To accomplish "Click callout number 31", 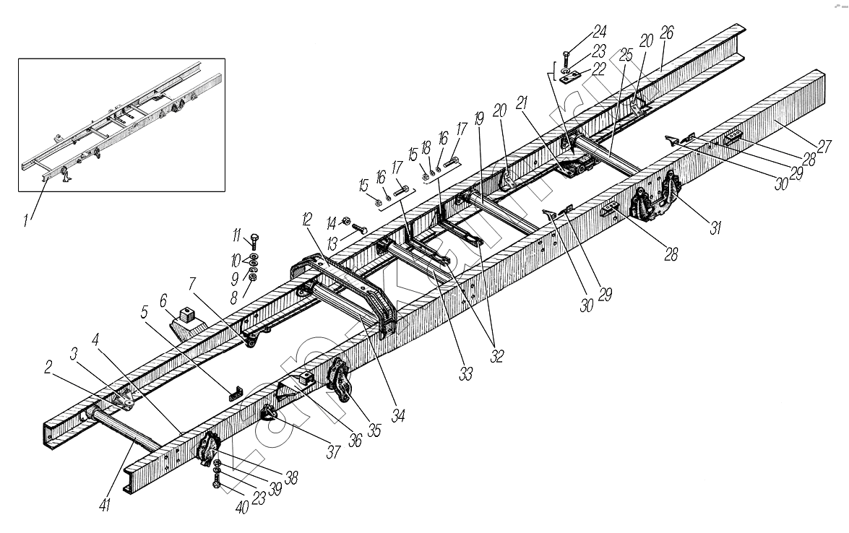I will click(715, 227).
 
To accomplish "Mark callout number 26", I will click(667, 33).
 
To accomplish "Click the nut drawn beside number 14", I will click(345, 222).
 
